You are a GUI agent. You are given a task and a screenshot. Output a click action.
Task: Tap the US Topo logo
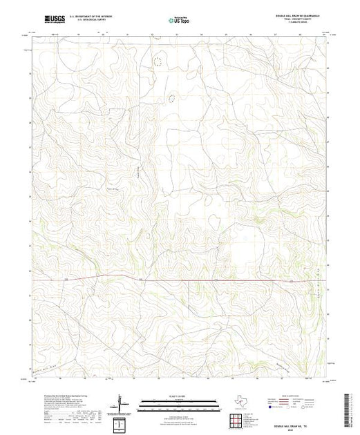click(x=179, y=20)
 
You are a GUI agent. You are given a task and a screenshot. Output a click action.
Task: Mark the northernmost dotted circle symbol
click(x=158, y=62)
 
